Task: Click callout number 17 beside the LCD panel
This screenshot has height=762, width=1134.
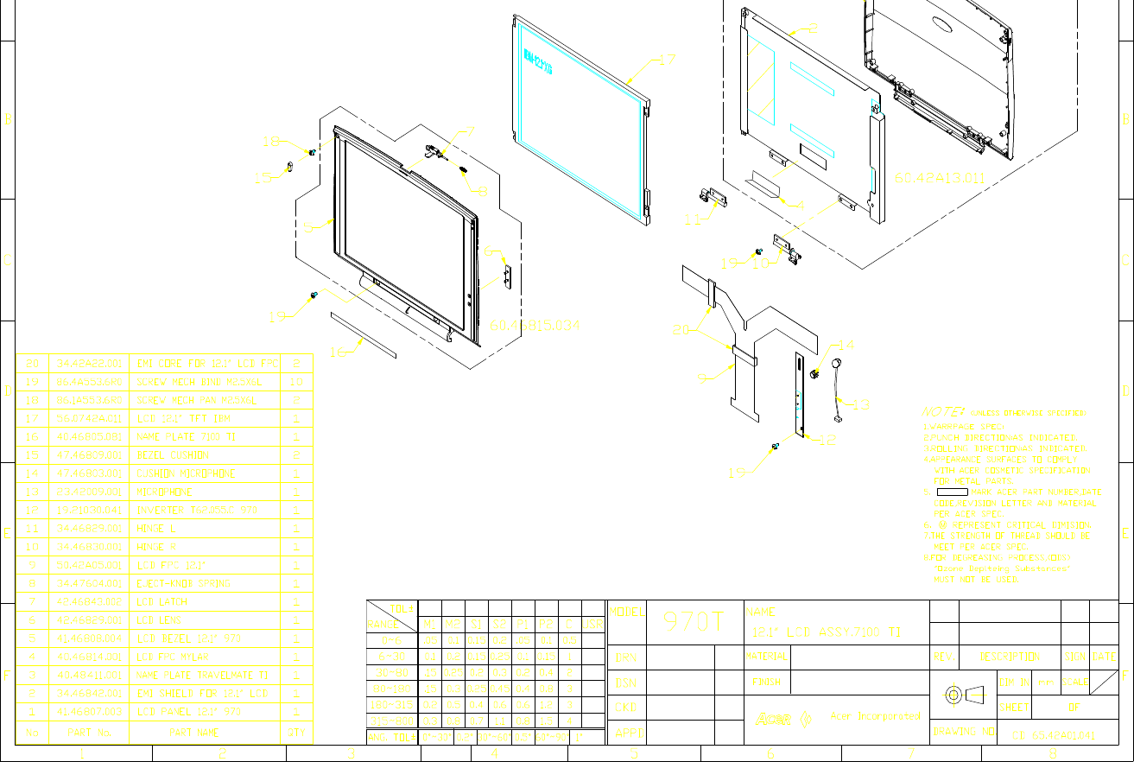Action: pos(666,60)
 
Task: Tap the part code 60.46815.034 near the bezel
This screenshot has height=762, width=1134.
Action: pos(535,326)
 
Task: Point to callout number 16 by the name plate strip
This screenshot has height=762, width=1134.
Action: pos(338,352)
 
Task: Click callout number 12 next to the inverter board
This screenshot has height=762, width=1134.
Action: pos(827,441)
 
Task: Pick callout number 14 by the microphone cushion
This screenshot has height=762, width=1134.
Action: pos(846,345)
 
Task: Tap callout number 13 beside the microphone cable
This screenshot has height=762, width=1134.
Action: pos(861,403)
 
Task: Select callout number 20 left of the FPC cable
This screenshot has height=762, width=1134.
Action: pos(681,330)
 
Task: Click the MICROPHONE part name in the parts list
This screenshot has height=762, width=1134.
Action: pos(165,492)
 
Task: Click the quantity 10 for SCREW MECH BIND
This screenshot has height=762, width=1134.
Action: pos(296,382)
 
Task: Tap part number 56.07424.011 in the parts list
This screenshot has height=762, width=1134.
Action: pos(87,418)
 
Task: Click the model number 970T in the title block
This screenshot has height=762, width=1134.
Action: pos(693,622)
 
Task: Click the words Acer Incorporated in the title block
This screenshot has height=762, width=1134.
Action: pos(875,716)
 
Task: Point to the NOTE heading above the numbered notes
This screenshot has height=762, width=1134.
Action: pos(939,412)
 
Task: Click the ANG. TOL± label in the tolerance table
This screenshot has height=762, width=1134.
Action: pos(391,737)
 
